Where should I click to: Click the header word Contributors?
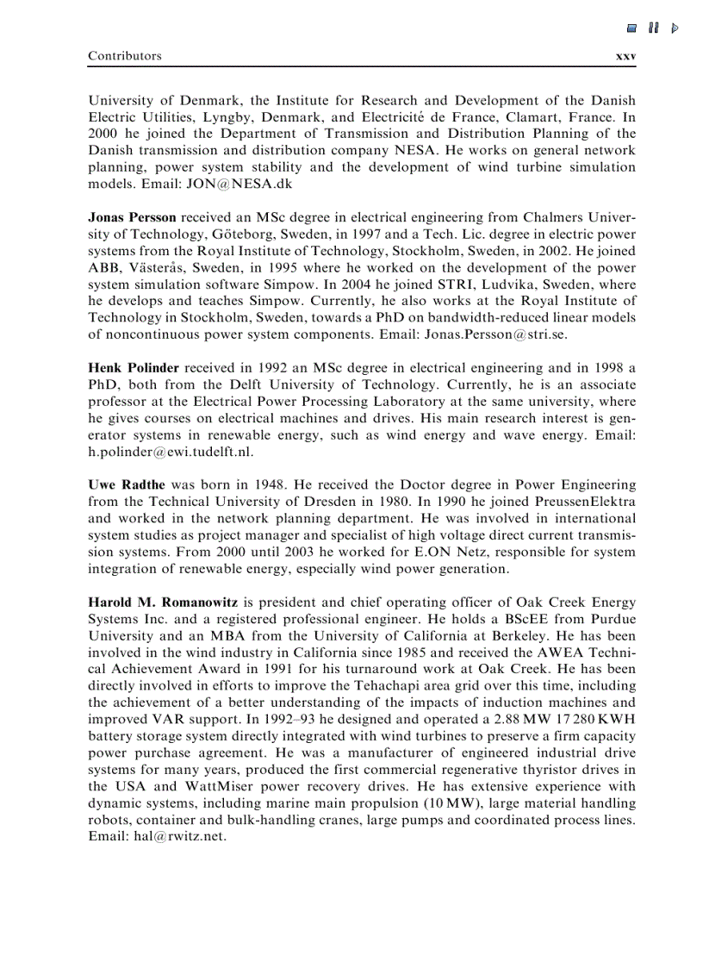click(124, 55)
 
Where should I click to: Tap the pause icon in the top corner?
click(653, 28)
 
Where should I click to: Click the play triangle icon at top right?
click(675, 28)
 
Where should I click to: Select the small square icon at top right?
click(631, 28)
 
